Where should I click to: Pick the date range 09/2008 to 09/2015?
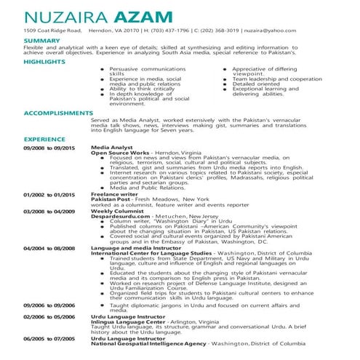(49, 147)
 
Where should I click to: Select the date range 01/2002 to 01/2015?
(49, 194)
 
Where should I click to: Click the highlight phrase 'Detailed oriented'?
(256, 84)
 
